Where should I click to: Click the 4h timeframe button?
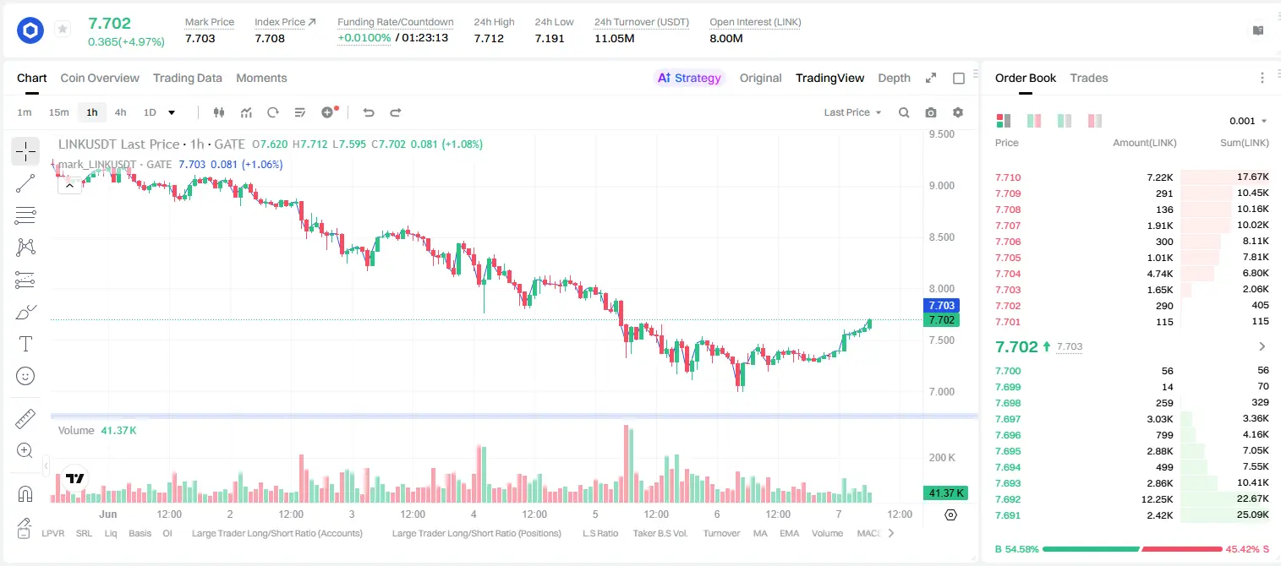pos(120,112)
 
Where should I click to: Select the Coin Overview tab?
pos(100,78)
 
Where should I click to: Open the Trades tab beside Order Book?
pos(1089,78)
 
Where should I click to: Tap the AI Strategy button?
pos(689,78)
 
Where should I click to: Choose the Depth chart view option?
pos(894,78)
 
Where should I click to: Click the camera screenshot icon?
pos(931,112)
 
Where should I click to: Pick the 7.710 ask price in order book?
pos(1008,177)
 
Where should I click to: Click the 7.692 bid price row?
pos(1008,499)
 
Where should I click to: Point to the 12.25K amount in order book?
pos(1157,499)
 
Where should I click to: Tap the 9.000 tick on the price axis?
pos(942,186)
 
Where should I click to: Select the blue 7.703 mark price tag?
pos(941,306)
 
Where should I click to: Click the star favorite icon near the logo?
pos(63,29)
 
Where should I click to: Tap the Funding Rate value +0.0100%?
pos(364,38)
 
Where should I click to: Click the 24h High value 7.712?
pos(489,38)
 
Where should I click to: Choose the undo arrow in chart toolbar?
pos(369,112)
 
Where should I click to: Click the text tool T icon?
pos(25,344)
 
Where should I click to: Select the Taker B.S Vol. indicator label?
pos(660,533)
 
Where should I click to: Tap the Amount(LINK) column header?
pos(1144,143)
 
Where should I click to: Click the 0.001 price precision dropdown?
pos(1248,121)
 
